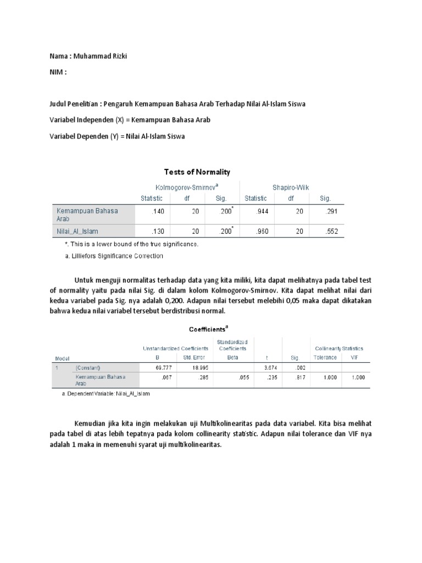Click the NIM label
58,71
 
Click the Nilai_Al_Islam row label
77,231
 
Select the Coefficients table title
208,329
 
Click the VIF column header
354,357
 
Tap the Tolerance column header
325,357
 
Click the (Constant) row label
88,367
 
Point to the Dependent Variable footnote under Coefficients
105,394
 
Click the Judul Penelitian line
177,104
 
